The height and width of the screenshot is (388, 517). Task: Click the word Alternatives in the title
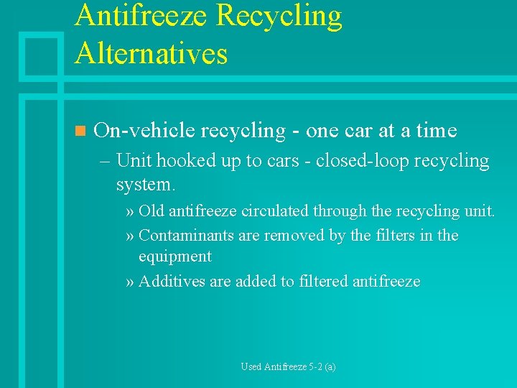(151, 53)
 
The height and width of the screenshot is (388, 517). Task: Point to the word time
(436, 130)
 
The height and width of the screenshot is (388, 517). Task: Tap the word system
(144, 185)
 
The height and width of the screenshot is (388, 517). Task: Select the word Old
(151, 211)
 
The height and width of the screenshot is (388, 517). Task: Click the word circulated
(275, 211)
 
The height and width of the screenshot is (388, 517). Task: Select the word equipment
(174, 257)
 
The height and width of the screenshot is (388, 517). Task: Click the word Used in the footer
(251, 366)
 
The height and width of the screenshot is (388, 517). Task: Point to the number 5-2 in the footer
(315, 366)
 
